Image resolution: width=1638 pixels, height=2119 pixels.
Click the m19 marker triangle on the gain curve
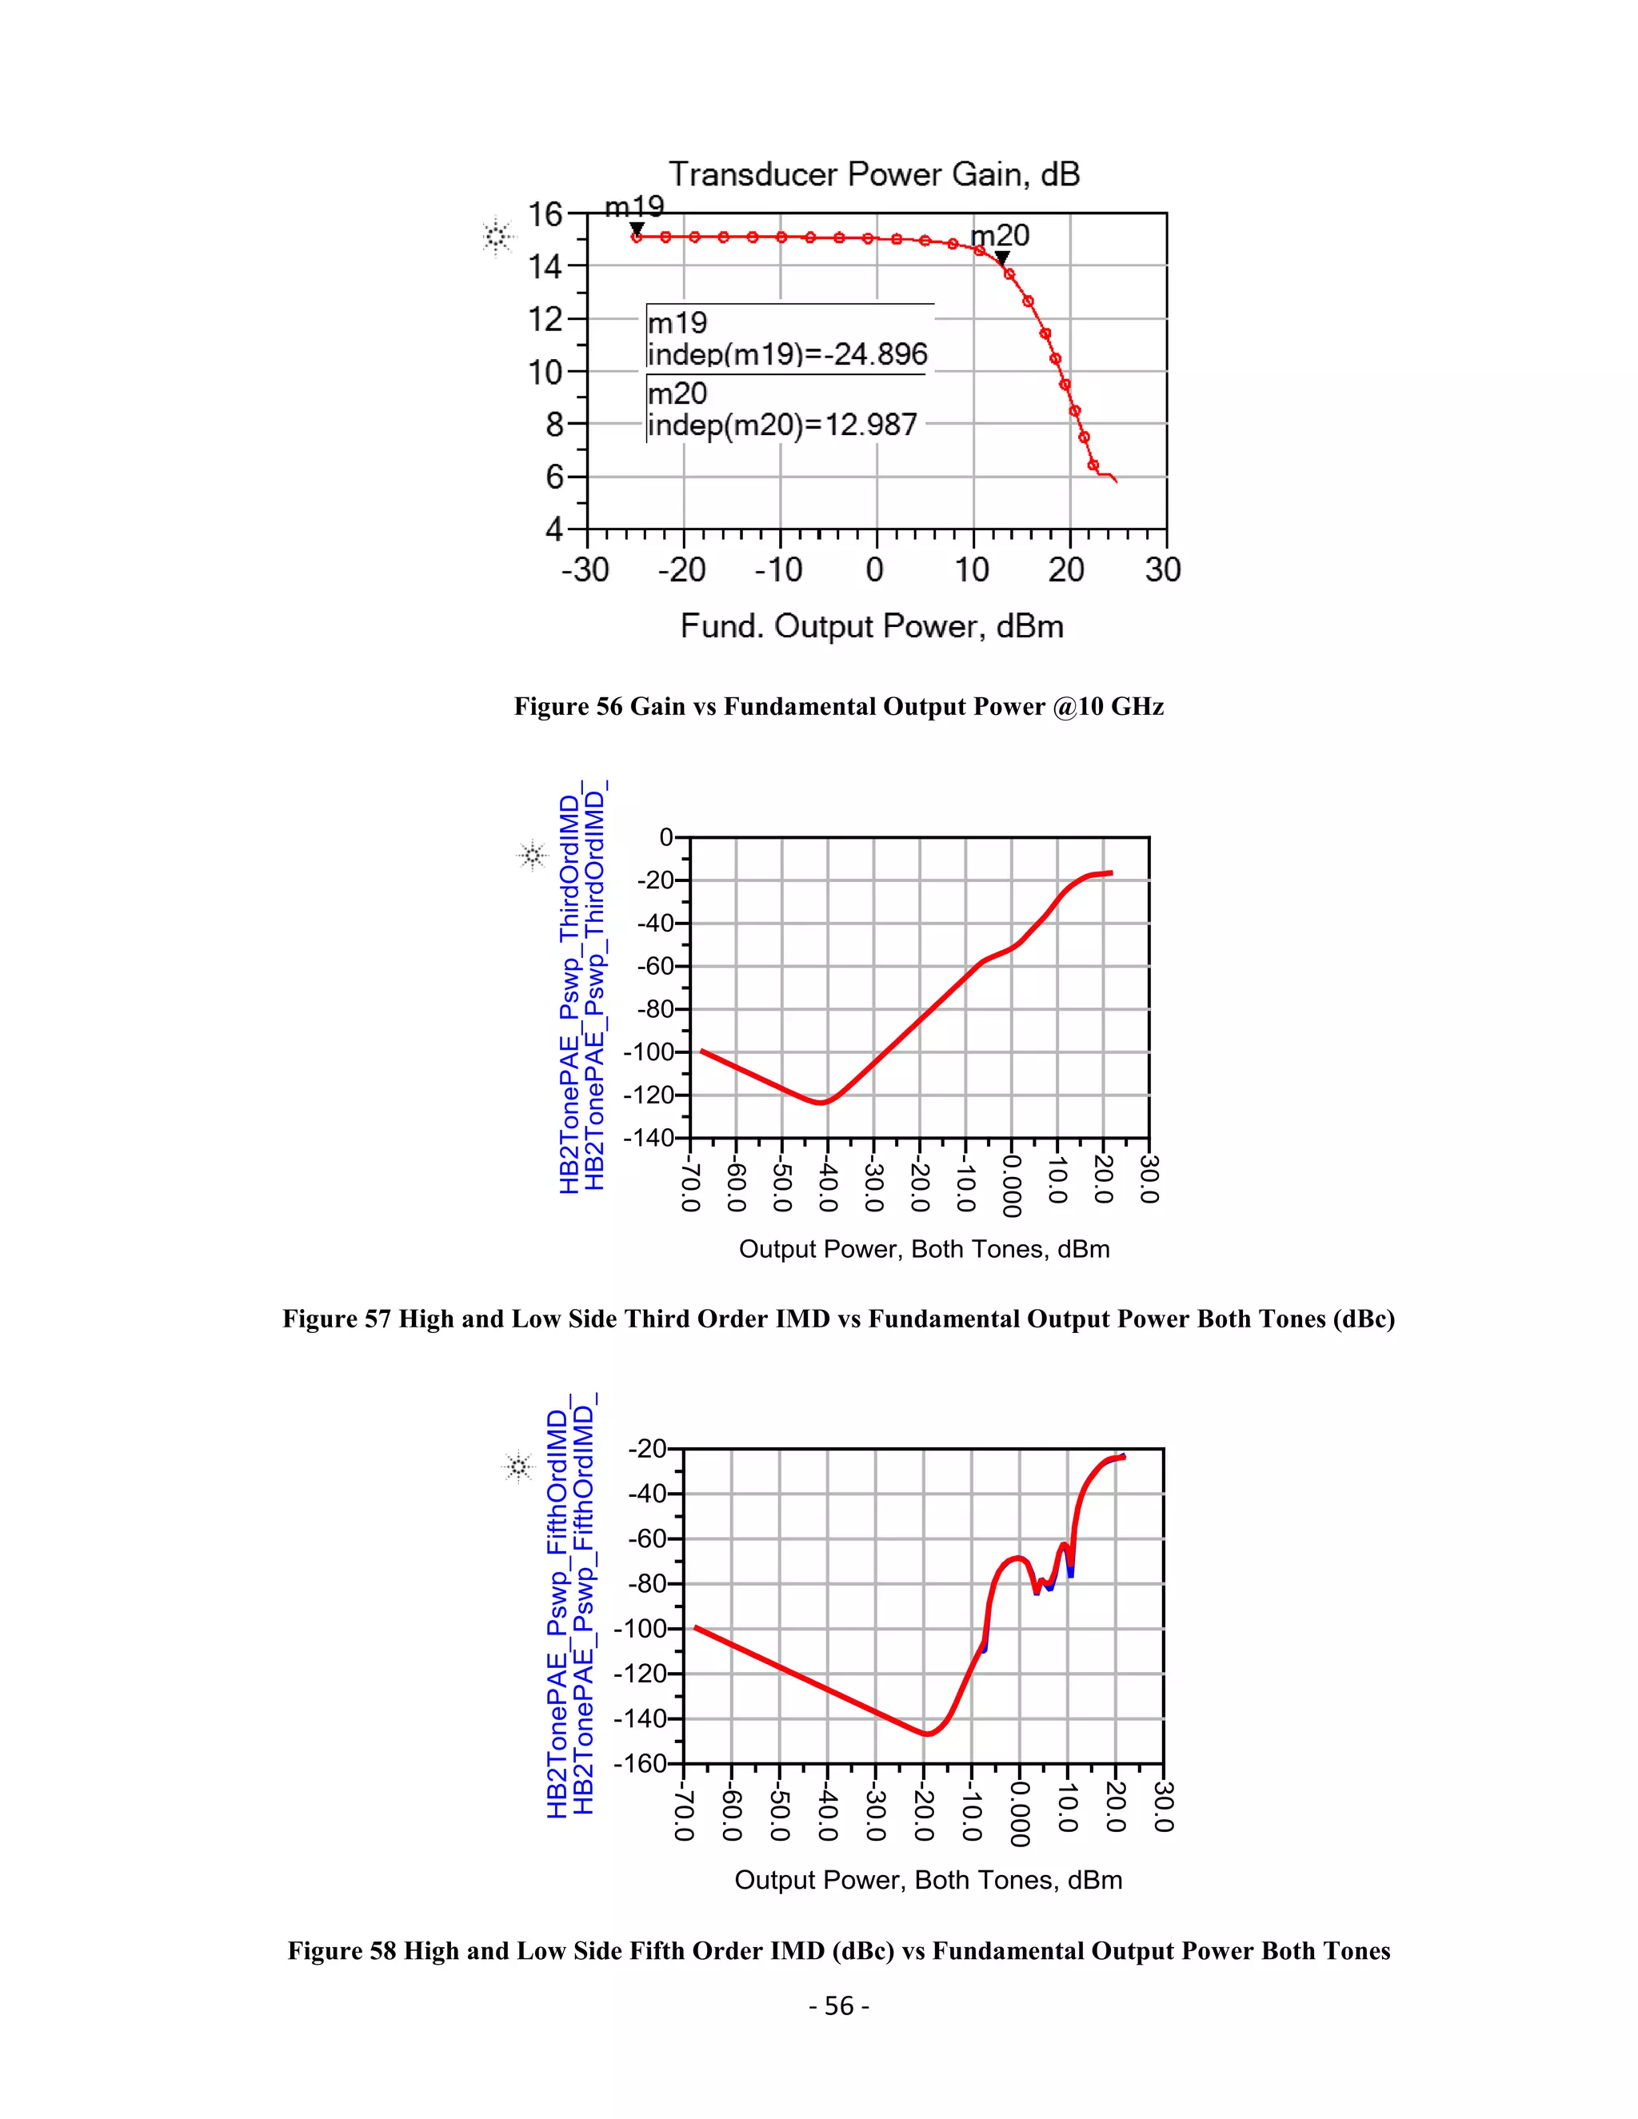tap(637, 228)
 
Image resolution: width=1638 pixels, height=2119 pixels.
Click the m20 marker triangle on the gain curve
tap(1002, 257)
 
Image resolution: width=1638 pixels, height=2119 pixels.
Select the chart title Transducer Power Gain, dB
tap(874, 174)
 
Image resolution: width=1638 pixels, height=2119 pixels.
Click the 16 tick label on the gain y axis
tap(545, 214)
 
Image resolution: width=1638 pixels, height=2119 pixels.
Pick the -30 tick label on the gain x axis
tap(585, 569)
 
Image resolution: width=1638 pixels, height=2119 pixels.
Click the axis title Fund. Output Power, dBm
tap(872, 627)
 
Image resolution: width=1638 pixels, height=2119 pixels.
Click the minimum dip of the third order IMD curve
tap(822, 1102)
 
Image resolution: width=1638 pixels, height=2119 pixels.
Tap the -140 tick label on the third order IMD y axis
tap(648, 1137)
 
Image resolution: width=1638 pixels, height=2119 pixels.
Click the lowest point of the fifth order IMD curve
tap(928, 1734)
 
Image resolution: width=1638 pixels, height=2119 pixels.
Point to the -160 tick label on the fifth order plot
tap(641, 1763)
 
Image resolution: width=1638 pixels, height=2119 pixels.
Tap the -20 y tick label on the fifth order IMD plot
tap(647, 1450)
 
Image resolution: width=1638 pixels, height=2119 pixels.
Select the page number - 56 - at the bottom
tap(838, 2005)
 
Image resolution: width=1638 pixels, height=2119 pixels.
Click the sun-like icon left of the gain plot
tap(497, 236)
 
